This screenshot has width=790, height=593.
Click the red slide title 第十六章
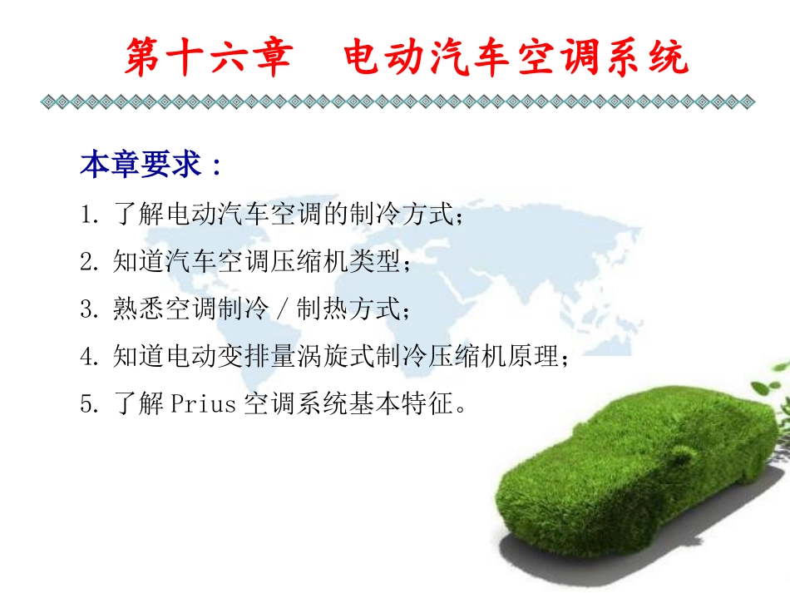pos(208,58)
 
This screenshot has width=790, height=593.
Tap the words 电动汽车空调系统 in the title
pos(516,58)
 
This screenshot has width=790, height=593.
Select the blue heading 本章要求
pos(141,165)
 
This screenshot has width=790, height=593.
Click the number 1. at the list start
pos(91,215)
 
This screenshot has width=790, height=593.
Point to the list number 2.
pos(91,263)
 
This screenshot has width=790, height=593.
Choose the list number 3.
pos(91,310)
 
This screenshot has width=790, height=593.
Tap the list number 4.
pos(91,358)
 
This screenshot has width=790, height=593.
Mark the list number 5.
pos(91,405)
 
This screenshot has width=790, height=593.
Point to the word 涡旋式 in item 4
pos(358,358)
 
